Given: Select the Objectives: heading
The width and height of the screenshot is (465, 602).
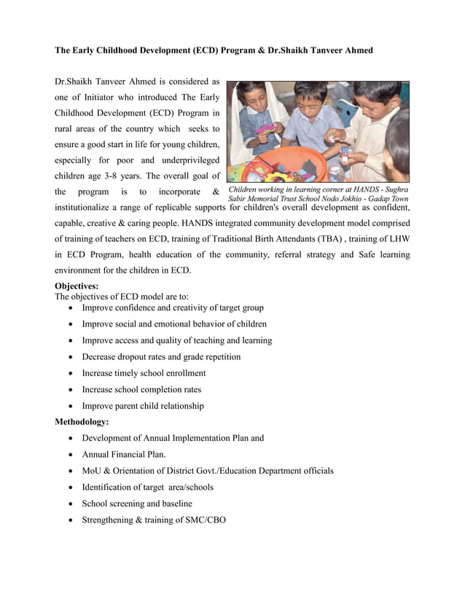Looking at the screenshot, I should coord(77,286).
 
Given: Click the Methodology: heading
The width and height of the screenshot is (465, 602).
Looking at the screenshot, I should coord(82,422).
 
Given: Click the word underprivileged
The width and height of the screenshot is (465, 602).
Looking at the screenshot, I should coord(182,160).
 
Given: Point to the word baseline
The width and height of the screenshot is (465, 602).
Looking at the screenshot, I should coord(175,504).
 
